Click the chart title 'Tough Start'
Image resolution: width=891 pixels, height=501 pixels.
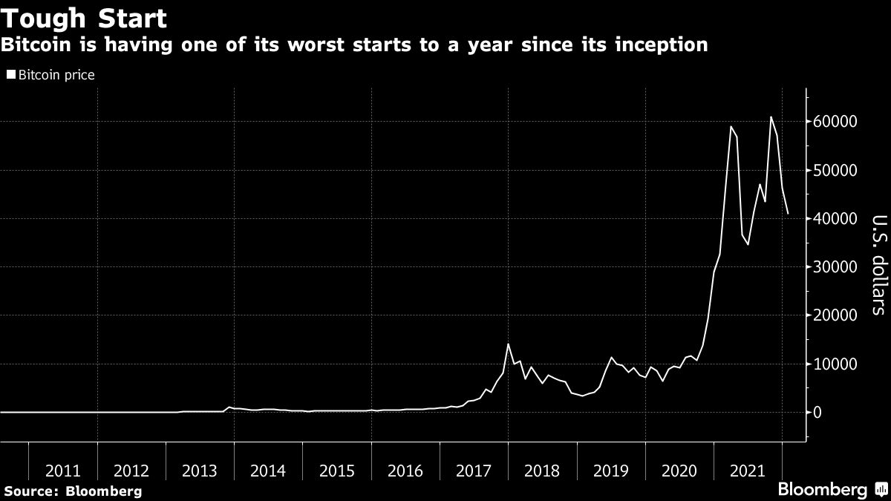coord(84,17)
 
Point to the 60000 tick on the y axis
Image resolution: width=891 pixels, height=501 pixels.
coord(838,122)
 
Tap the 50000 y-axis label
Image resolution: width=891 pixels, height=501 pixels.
coord(838,170)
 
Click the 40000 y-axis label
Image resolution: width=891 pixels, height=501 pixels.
coord(838,219)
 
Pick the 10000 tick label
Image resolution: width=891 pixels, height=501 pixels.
coord(838,364)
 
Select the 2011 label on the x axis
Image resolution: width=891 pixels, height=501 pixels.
coord(63,471)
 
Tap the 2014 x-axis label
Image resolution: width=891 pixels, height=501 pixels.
coord(268,471)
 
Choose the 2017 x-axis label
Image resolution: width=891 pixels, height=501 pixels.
coord(474,471)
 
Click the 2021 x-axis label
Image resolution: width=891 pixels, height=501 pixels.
coord(747,471)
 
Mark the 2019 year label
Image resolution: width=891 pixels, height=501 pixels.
coord(610,471)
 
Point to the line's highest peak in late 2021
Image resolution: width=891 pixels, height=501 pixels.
coord(771,117)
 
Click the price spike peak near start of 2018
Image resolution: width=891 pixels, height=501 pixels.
coord(508,344)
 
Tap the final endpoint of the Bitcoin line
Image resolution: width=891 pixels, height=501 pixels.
coord(788,214)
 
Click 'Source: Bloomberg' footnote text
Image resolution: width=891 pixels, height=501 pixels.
coord(73,491)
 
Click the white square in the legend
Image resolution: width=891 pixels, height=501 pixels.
coord(10,75)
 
